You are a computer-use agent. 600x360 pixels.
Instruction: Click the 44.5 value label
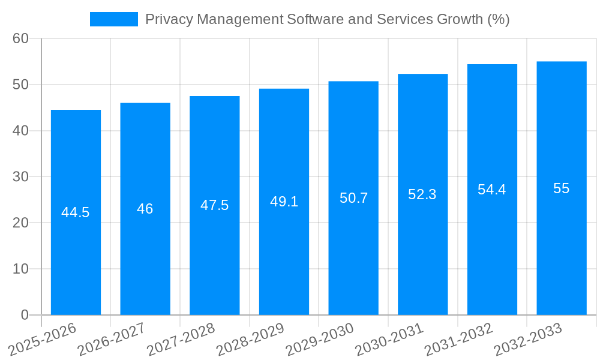tap(76, 212)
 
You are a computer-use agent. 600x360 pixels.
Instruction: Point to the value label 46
tap(145, 209)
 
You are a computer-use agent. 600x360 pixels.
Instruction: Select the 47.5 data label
tap(214, 205)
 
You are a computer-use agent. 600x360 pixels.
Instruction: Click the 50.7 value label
tap(353, 198)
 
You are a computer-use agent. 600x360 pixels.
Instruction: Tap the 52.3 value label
tap(422, 194)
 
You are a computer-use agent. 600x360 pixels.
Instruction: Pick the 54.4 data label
tap(492, 190)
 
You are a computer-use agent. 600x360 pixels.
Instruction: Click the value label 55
tap(562, 188)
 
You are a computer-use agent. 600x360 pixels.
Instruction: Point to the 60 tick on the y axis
tap(20, 38)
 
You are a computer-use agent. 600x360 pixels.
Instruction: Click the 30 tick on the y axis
tap(20, 176)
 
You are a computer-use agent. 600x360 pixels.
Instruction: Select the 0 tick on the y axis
tap(25, 315)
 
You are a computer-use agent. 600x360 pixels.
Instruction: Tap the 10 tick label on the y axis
tap(20, 269)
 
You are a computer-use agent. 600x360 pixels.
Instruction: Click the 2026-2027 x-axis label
tap(110, 340)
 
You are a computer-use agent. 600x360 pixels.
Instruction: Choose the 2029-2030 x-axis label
tap(319, 340)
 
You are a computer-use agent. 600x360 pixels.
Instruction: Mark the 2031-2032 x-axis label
tap(458, 340)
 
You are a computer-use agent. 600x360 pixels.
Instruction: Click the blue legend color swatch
tap(114, 19)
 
